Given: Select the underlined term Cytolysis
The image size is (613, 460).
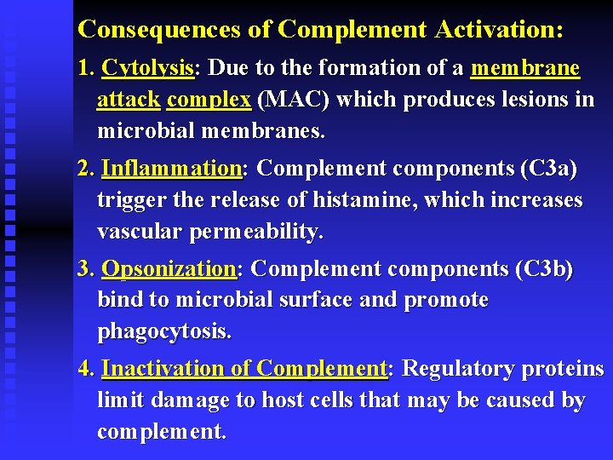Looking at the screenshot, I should coord(147,68).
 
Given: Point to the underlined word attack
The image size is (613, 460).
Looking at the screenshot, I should coord(129,100).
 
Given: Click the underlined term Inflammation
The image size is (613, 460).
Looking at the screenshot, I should coord(171,169).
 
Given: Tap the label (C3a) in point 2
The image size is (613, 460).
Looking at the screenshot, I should coord(548,169).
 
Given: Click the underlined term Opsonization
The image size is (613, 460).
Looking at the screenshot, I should coord(169,269).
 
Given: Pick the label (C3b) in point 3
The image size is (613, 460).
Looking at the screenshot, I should coord(545,269).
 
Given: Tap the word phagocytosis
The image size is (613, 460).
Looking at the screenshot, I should coord(163,331).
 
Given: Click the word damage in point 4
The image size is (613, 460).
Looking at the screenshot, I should coord(186,400).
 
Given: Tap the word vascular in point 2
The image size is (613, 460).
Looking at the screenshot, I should coord(140,232).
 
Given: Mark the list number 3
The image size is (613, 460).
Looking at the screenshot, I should coord(84,269).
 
